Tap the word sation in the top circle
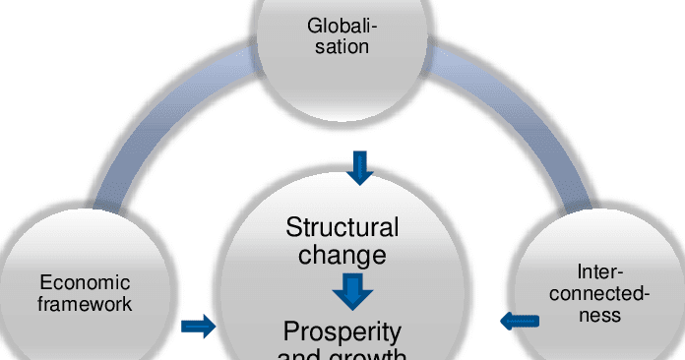click(342, 45)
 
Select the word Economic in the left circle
click(85, 284)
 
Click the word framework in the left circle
click(85, 304)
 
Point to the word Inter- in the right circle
click(600, 270)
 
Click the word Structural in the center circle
click(342, 228)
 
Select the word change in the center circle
click(342, 256)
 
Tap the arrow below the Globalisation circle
click(361, 168)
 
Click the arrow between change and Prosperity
click(351, 291)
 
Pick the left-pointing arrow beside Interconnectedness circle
click(520, 321)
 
